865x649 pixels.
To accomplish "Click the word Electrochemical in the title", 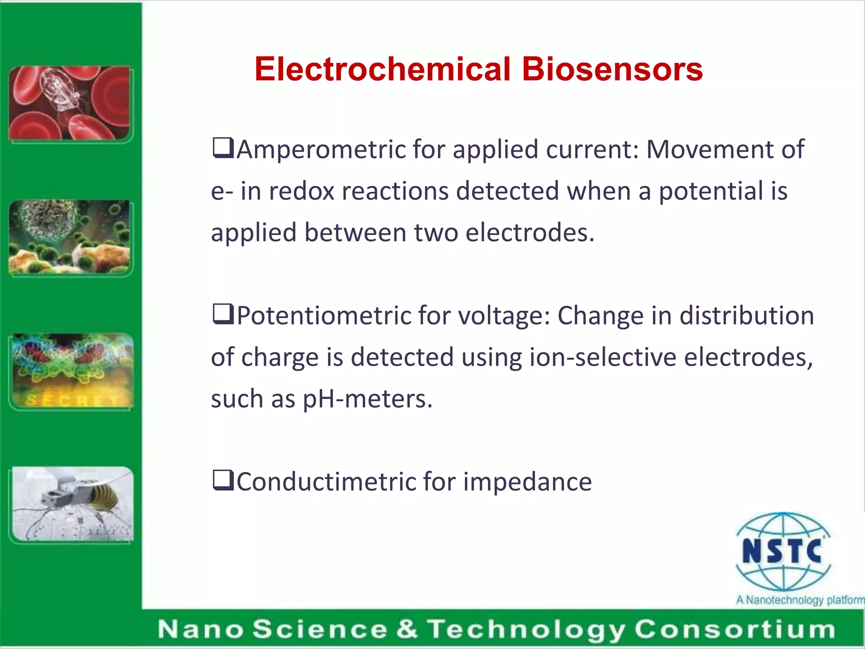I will [382, 70].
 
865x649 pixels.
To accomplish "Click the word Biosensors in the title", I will [612, 70].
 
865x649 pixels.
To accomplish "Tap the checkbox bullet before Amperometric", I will [223, 148].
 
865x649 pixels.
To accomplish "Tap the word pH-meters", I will [368, 399].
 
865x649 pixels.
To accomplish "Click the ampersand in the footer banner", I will [407, 629].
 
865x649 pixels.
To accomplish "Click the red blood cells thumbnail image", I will [70, 103].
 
